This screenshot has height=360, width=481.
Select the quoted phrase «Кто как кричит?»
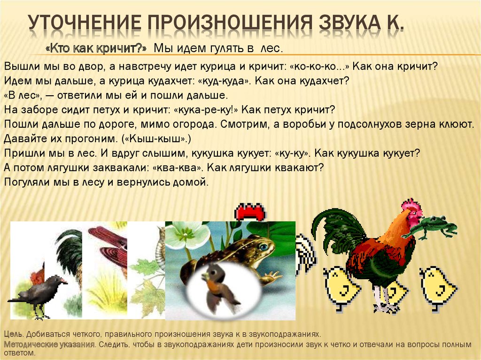96,48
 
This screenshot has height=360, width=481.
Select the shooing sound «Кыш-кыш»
156,139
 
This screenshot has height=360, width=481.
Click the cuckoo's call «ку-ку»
292,153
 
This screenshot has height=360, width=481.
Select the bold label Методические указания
49,345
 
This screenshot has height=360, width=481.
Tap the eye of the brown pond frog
263,246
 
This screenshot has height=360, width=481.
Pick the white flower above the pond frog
186,235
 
